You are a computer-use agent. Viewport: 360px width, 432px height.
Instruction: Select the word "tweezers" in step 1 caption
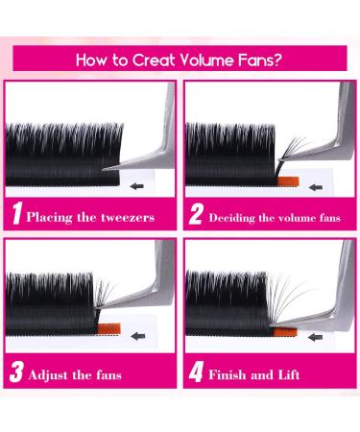point(136,217)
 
